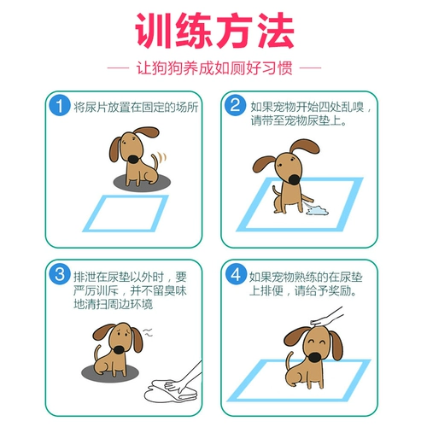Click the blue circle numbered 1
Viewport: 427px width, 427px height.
60,106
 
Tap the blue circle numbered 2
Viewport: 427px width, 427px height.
235,105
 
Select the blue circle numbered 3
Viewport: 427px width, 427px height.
60,274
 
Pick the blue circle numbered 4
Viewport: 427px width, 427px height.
236,274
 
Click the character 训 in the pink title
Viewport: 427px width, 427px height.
153,30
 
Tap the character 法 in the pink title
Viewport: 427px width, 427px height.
276,30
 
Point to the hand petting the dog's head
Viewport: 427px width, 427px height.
327,317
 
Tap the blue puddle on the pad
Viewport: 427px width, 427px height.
317,211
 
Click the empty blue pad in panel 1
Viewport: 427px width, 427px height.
126,213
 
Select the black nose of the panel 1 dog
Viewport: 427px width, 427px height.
133,159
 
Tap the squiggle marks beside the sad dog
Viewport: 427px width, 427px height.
148,332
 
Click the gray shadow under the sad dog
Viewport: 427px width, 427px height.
110,371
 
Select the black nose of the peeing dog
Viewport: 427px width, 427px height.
294,179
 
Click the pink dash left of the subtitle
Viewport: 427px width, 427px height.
118,68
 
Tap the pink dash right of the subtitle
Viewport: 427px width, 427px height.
311,68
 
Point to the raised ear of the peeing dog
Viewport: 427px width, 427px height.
304,148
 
